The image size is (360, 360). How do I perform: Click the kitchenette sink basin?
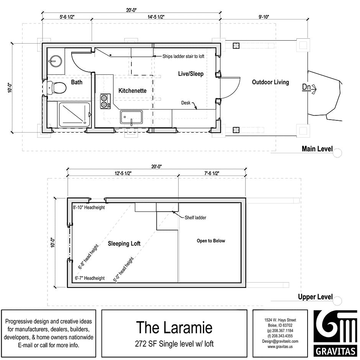(131, 117)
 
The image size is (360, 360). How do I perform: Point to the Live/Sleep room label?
(191, 74)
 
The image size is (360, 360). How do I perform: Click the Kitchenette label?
(133, 91)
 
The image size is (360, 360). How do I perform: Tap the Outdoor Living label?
(270, 82)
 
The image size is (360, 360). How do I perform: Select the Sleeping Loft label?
(124, 243)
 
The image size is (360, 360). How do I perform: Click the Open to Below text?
(211, 241)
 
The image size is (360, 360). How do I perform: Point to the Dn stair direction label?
(306, 87)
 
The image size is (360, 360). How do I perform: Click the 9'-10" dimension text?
(264, 16)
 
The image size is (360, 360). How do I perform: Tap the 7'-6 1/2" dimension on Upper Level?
(211, 173)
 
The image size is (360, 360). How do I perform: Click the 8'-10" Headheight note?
(89, 207)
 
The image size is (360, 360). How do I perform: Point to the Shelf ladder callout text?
(195, 217)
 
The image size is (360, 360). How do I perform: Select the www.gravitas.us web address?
(280, 347)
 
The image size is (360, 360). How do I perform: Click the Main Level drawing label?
(317, 149)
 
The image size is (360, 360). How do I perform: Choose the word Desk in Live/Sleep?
(186, 103)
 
